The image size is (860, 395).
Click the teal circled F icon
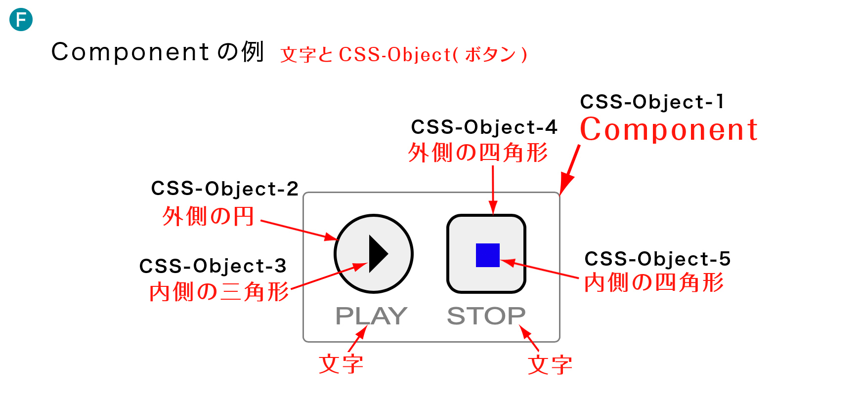tap(21, 20)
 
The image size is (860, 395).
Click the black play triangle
tap(378, 254)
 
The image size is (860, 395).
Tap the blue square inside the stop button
tap(487, 255)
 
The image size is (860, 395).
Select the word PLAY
tap(371, 316)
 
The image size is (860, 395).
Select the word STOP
tap(486, 316)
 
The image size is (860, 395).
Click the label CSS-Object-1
tap(652, 102)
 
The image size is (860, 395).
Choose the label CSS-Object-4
tap(484, 127)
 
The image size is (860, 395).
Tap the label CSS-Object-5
tap(657, 259)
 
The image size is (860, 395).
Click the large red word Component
tap(669, 130)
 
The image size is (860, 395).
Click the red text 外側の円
tap(208, 216)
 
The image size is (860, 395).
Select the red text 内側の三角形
tap(219, 292)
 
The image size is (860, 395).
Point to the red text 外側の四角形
tap(478, 153)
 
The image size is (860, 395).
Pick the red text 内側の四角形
tap(654, 283)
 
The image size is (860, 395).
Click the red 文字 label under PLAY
tap(341, 365)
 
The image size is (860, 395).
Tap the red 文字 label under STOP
tap(550, 365)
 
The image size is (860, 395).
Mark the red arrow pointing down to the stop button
tap(493, 190)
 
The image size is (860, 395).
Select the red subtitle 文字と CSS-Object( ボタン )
tap(404, 54)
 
